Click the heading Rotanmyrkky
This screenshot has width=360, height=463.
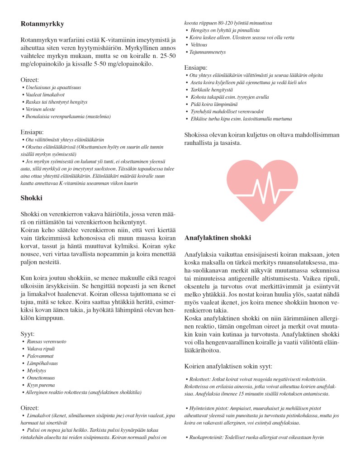pos(42,24)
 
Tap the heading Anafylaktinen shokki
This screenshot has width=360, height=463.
pos(218,238)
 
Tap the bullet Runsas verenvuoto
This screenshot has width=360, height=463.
pos(45,341)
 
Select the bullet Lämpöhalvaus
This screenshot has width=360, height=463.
pos(43,363)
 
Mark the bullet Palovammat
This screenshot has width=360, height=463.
pos(41,356)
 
